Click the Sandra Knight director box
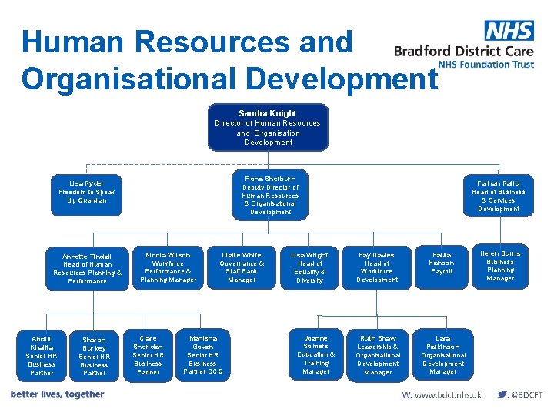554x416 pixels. point(268,127)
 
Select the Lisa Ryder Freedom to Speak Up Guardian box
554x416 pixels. point(88,192)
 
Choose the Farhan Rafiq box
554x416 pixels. point(499,196)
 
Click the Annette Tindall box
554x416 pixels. point(88,269)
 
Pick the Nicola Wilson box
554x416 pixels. point(168,267)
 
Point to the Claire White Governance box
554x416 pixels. point(242,267)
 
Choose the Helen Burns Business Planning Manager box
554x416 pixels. point(500,266)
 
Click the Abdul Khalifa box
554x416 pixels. point(41,356)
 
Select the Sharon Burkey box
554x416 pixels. point(94,356)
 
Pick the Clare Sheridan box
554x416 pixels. point(148,355)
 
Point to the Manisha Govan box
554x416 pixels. point(203,355)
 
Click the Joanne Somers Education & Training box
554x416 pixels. point(315,355)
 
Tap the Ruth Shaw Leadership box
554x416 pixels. point(378,355)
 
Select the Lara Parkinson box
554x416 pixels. point(442,355)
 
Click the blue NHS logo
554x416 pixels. point(509,31)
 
